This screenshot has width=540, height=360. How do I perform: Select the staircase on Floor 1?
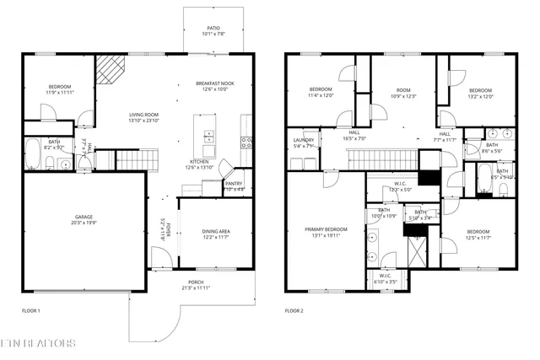[x=136, y=159]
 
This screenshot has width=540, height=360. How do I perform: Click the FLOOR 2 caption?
[x=294, y=311]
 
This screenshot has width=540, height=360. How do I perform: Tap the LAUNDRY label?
[x=304, y=140]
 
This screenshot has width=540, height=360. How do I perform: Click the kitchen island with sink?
[x=208, y=137]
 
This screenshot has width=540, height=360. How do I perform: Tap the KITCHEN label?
[x=200, y=162]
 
